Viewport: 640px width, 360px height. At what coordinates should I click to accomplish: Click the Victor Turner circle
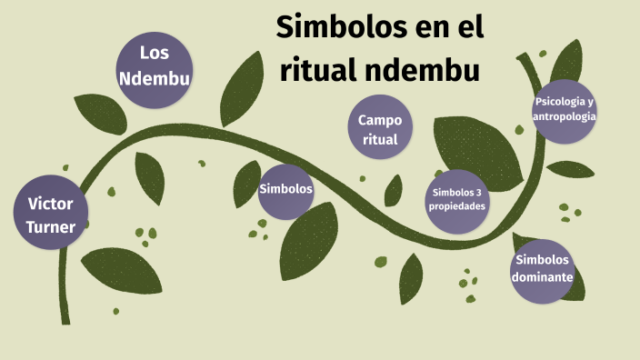[x=51, y=214]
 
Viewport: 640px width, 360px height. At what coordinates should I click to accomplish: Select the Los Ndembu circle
[x=155, y=65]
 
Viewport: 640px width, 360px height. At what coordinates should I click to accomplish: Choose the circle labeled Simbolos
[x=285, y=190]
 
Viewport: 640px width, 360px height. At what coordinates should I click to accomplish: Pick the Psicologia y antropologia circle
[x=565, y=109]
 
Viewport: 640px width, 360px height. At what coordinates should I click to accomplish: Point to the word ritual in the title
[x=314, y=69]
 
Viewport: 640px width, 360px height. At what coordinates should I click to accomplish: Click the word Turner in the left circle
[x=51, y=227]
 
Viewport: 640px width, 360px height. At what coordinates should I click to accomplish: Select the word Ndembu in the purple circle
[x=155, y=79]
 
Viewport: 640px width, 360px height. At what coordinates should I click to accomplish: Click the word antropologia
[x=565, y=116]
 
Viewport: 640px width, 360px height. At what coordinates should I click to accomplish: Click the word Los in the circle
[x=155, y=51]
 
